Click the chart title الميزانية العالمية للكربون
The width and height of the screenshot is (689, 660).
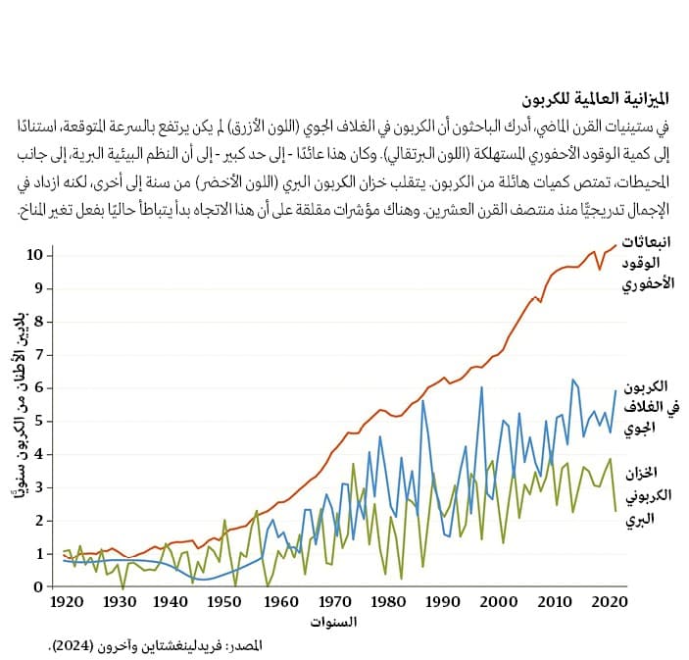(x=581, y=99)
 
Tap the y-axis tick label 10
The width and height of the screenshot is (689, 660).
(x=35, y=255)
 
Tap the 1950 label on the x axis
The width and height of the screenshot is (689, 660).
(x=226, y=602)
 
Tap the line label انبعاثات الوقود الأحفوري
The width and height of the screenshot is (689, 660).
(x=649, y=263)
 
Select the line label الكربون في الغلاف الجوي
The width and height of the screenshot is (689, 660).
(x=648, y=406)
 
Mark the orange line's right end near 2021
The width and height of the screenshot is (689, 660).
(x=616, y=244)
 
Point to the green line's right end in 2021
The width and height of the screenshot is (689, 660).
(x=615, y=510)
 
